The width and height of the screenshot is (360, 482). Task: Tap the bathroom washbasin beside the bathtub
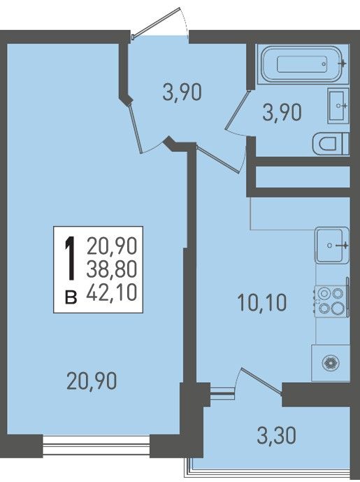(338, 106)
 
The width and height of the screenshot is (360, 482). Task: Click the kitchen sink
(332, 245)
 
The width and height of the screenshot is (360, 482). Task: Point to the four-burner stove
(331, 301)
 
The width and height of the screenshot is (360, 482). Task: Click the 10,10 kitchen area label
(262, 302)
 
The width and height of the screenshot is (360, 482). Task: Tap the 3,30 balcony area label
(276, 435)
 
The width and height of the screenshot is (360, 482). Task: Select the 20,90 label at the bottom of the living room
(92, 381)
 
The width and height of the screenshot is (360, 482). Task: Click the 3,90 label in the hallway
(182, 92)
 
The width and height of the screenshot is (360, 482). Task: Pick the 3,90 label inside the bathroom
(282, 113)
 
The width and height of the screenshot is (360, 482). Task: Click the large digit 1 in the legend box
(71, 258)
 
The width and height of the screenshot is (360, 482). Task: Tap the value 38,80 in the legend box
(112, 269)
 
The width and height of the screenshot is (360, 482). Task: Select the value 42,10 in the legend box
(112, 292)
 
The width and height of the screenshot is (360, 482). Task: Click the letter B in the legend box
(71, 298)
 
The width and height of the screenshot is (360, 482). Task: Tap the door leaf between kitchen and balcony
(261, 381)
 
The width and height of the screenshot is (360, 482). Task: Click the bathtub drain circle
(324, 64)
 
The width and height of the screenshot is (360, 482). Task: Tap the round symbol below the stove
(331, 363)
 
